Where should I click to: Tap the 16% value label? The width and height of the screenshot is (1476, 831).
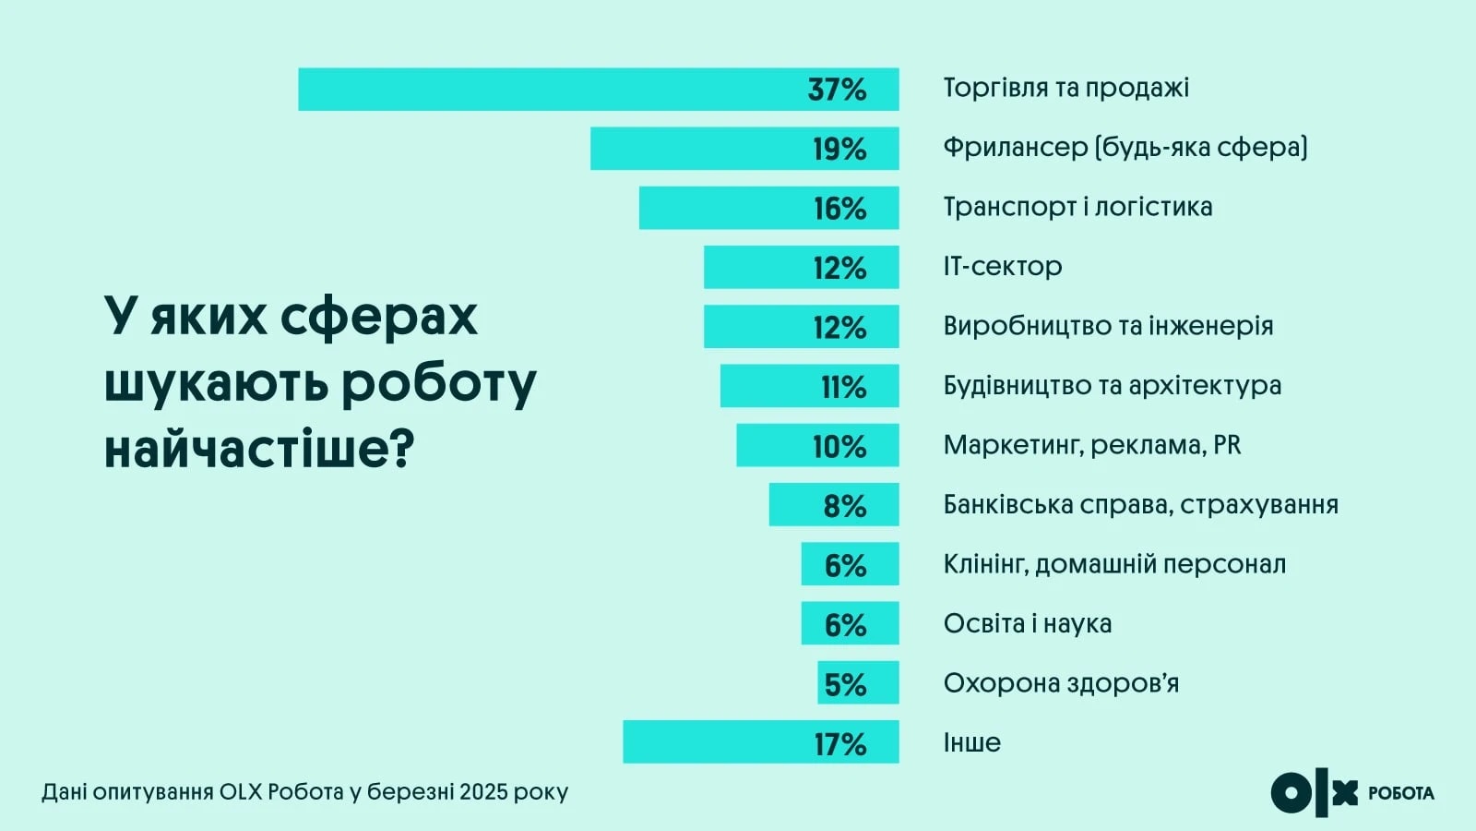click(839, 209)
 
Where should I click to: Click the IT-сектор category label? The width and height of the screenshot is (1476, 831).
click(1002, 267)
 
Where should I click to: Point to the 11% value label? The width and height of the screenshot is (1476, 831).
click(843, 387)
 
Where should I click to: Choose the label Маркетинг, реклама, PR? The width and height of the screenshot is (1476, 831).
click(1091, 445)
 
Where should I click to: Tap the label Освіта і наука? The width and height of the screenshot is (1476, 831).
click(1027, 624)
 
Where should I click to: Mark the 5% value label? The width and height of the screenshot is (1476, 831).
click(845, 684)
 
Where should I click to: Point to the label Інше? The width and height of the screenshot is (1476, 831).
click(971, 742)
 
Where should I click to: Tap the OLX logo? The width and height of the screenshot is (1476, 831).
click(1314, 793)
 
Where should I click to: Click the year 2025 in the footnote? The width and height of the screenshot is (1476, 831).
click(483, 792)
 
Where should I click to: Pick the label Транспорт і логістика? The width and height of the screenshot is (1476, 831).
click(1077, 207)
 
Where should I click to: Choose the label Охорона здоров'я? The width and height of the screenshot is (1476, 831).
click(1061, 683)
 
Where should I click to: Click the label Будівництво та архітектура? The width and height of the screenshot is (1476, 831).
click(1112, 385)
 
